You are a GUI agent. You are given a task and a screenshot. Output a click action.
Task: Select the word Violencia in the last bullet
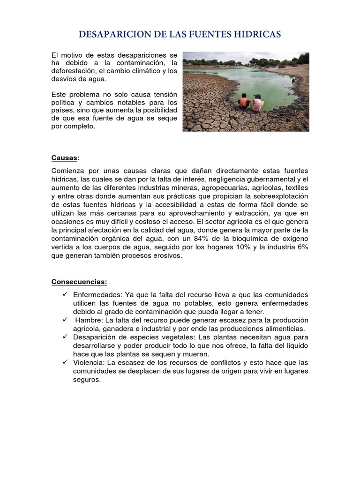(89, 362)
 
